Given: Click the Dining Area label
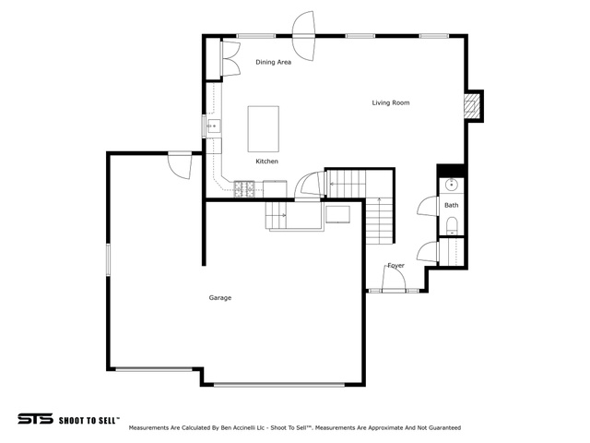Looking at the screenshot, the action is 273,62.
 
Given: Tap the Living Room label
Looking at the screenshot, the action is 391,102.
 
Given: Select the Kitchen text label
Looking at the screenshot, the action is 266,162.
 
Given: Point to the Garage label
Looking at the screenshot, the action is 220,297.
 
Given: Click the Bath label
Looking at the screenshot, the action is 451,205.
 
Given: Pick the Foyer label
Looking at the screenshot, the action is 395,266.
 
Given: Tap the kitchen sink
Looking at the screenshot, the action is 214,126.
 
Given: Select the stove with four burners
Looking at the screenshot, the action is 244,188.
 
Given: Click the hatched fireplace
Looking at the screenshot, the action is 469,106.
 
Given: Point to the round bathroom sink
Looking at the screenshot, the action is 451,185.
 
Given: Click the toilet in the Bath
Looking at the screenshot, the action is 451,225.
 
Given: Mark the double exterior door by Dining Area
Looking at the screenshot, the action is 303,36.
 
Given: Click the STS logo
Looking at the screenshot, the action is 35,419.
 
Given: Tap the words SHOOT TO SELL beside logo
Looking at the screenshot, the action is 89,421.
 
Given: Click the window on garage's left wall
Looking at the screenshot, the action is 108,260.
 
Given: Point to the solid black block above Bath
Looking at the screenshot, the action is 451,170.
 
